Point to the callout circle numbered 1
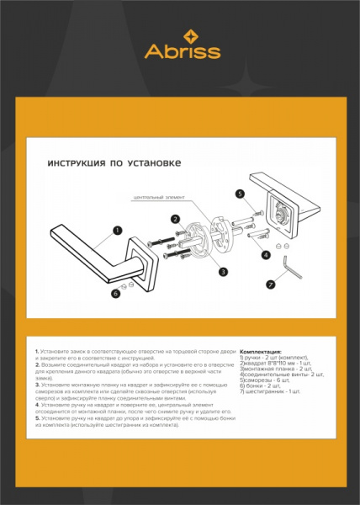pyautogui.click(x=117, y=230)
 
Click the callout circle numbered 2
pyautogui.click(x=176, y=219)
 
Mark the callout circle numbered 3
pyautogui.click(x=223, y=271)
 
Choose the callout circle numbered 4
pyautogui.click(x=266, y=254)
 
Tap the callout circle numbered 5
pyautogui.click(x=240, y=194)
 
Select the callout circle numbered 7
pyautogui.click(x=271, y=284)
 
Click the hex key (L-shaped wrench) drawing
pyautogui.click(x=292, y=270)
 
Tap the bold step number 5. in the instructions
pyautogui.click(x=37, y=418)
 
